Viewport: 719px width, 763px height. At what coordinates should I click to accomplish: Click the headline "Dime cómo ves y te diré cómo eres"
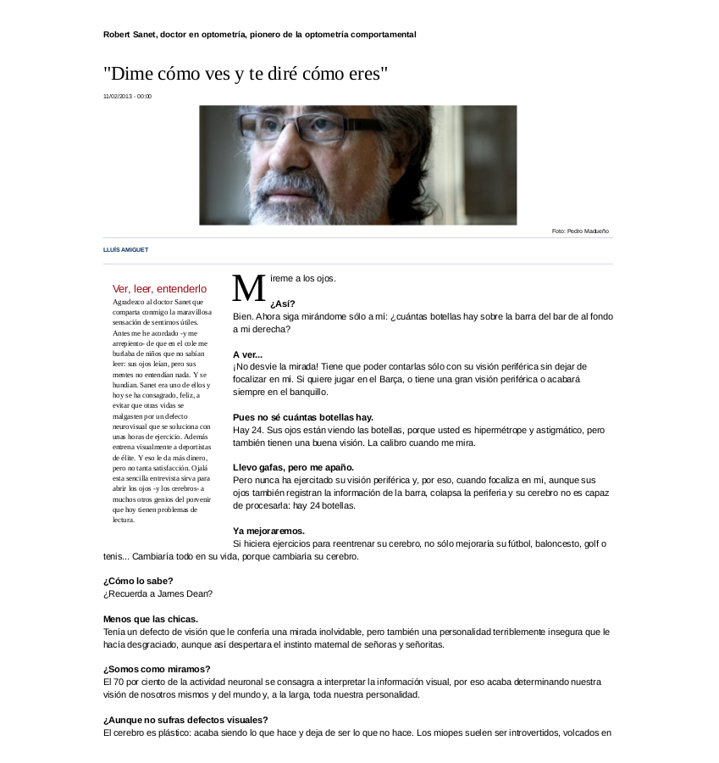(246, 73)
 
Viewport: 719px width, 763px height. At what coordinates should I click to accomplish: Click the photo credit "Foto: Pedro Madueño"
(580, 231)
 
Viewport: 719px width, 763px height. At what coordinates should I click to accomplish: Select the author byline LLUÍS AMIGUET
(125, 250)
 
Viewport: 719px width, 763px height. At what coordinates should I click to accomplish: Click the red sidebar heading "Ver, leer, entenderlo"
(159, 289)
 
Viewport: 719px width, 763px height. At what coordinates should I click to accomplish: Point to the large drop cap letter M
(249, 288)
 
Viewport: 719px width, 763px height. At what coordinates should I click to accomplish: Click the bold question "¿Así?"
(283, 304)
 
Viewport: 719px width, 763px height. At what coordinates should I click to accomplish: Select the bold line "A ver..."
(247, 354)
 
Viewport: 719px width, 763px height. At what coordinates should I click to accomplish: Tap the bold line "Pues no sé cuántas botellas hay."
(302, 417)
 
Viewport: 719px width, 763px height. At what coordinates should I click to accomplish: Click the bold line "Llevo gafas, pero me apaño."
(293, 467)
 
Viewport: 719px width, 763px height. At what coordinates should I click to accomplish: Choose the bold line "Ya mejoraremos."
(268, 531)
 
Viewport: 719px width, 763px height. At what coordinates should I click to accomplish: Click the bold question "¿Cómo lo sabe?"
(138, 581)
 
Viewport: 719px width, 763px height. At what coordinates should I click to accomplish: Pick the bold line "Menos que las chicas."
(151, 619)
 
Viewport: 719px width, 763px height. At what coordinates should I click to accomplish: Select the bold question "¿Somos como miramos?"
(157, 669)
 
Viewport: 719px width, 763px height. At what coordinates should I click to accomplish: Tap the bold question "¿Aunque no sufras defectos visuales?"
(185, 720)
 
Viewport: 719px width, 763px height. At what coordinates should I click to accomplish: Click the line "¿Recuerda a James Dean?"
(158, 593)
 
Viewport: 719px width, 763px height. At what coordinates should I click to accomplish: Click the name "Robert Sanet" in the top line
(130, 35)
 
